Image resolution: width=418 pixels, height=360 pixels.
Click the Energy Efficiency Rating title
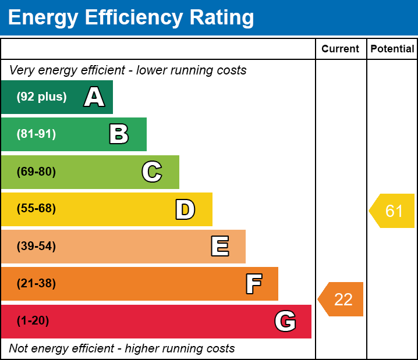tap(131, 17)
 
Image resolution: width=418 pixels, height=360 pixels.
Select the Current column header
tap(341, 49)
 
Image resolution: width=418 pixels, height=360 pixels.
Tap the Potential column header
tap(392, 49)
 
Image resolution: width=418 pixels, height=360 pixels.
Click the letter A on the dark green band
tap(94, 97)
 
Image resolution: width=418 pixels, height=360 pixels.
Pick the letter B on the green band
tap(119, 134)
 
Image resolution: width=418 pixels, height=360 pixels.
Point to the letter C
tap(152, 172)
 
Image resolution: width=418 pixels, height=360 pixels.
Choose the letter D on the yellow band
tap(185, 209)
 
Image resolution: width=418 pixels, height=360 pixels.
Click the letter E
tap(219, 247)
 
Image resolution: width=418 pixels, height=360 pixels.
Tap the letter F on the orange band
tap(253, 284)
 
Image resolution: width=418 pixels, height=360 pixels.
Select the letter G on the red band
tap(285, 321)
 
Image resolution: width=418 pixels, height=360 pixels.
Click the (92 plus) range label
tap(41, 97)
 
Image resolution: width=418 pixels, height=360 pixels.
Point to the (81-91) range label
tap(36, 134)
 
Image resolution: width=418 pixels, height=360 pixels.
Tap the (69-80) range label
tap(36, 172)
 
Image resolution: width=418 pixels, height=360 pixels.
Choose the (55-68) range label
tap(36, 209)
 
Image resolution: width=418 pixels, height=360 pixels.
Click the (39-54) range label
tap(36, 247)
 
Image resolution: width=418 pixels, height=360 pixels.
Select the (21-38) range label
tap(36, 284)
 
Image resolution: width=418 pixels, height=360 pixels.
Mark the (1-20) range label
tap(33, 321)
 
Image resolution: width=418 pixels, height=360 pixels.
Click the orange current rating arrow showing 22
tap(342, 299)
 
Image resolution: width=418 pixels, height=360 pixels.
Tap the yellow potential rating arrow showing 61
tap(393, 211)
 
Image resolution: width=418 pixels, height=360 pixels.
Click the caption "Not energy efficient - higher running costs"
tap(122, 349)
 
